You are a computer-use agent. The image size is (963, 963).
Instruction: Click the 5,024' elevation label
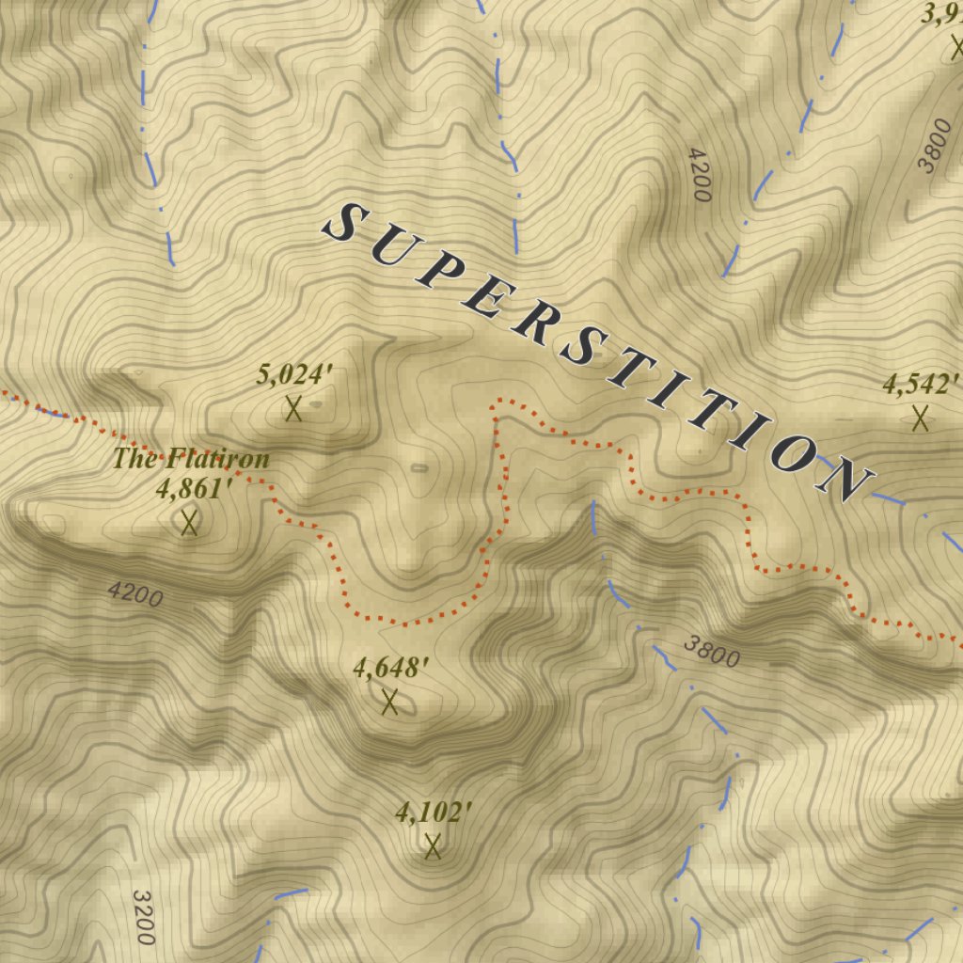294,375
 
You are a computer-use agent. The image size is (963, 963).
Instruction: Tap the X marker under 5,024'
293,409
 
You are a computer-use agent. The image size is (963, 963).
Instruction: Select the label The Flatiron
192,459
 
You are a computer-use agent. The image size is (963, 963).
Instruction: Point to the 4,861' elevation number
194,489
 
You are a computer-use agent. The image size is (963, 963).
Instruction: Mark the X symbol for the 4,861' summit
189,522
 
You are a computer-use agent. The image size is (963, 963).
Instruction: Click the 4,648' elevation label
390,668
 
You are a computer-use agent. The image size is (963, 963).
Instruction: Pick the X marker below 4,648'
389,702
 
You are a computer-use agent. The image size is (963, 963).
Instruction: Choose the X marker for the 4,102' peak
433,846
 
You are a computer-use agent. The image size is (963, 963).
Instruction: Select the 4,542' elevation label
920,385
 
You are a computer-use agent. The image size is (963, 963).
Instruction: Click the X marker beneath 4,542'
920,418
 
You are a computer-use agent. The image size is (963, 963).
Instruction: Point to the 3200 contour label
143,917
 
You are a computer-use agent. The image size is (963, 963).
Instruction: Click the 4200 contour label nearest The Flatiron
135,594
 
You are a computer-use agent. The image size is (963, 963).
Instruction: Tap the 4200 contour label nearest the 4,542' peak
698,175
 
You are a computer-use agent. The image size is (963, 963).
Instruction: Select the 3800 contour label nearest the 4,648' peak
712,651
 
